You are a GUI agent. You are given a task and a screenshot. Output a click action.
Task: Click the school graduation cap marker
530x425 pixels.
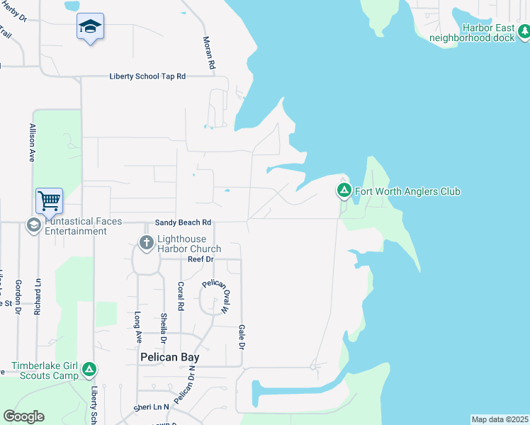90,27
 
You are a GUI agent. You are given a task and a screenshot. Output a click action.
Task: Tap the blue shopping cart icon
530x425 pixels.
49,201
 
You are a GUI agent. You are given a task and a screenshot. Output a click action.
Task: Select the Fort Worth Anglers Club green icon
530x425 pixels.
344,191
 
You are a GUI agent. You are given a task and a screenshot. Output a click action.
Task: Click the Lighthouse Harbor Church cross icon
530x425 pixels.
146,244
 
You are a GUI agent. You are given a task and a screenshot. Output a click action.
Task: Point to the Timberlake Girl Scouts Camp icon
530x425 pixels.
89,369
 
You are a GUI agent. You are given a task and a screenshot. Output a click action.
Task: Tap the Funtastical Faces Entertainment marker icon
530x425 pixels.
33,225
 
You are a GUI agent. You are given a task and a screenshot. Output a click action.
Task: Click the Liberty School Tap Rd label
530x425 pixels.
147,76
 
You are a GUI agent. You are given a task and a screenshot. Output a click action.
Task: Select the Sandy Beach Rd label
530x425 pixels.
184,222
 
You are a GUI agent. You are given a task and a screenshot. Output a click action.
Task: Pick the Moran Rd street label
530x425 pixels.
208,53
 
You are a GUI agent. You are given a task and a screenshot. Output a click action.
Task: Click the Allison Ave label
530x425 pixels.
32,143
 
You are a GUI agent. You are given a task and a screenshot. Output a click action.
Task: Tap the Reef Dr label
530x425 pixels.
201,259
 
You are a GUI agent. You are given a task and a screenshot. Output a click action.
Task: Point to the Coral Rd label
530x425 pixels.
181,297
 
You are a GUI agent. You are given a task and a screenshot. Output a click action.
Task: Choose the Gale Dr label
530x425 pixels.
242,336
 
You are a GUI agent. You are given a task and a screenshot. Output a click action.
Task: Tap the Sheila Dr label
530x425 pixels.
164,328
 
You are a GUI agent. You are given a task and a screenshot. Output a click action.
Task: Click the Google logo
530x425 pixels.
23,416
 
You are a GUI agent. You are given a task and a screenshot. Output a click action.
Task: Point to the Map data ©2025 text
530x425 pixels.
500,419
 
